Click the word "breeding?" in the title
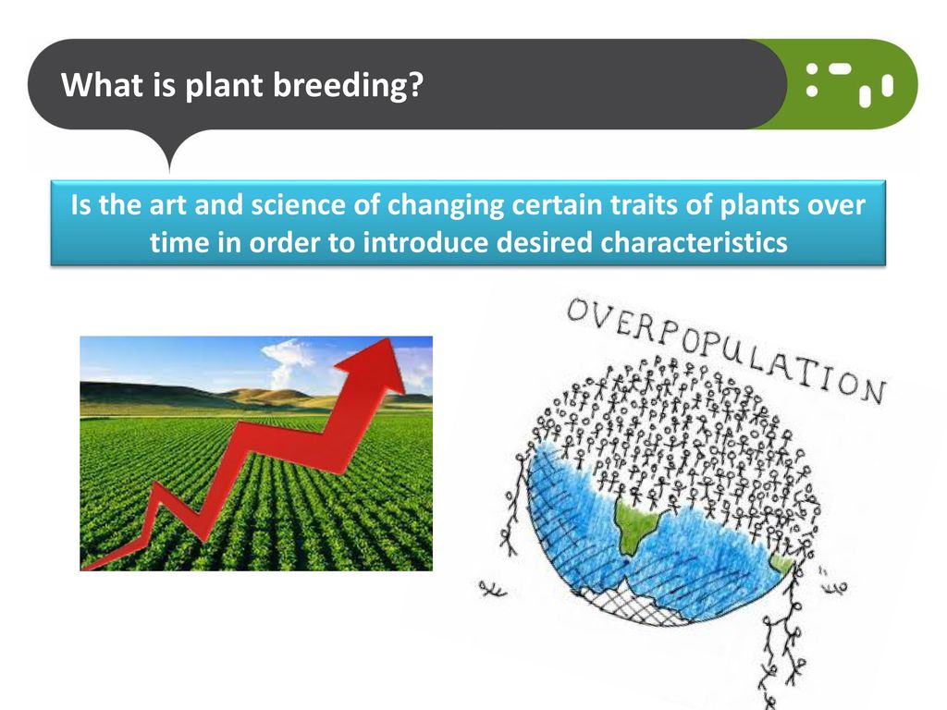(348, 85)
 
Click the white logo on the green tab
(849, 84)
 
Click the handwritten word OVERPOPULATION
(726, 350)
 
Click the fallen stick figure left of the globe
(492, 588)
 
